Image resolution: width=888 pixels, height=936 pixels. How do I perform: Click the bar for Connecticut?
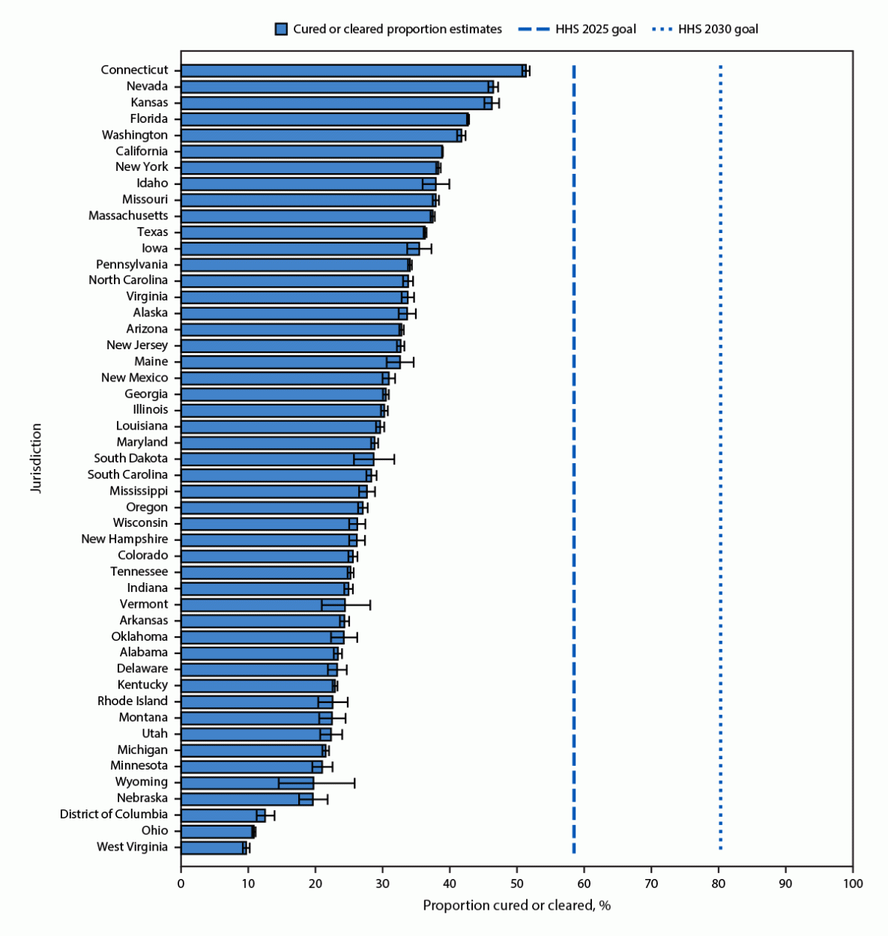tap(352, 70)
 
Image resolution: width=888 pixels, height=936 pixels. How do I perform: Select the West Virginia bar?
tap(213, 848)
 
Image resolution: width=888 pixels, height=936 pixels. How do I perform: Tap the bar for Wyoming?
tap(247, 783)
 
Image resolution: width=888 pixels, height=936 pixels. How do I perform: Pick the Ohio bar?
tap(217, 832)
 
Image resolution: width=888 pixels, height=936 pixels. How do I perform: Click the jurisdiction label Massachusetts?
tap(128, 216)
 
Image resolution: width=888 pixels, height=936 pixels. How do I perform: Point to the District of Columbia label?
tap(114, 815)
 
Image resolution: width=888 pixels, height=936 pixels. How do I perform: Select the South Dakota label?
tap(130, 459)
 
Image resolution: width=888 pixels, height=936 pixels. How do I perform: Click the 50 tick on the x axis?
tap(517, 884)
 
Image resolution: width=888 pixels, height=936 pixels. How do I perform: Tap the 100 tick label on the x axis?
tap(853, 884)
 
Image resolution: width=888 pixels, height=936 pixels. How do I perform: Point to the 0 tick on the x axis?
tap(181, 884)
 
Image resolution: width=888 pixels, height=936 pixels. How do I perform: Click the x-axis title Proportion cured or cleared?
tap(516, 905)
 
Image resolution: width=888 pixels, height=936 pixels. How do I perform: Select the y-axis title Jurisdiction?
tap(36, 458)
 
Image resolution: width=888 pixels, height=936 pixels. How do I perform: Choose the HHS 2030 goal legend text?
tap(718, 29)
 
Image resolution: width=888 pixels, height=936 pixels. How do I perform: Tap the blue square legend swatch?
tap(281, 29)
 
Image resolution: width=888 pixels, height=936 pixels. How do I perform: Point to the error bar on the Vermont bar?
tap(345, 605)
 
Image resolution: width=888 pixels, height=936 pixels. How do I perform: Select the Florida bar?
tap(324, 119)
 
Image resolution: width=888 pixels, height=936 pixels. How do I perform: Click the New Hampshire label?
tap(124, 540)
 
